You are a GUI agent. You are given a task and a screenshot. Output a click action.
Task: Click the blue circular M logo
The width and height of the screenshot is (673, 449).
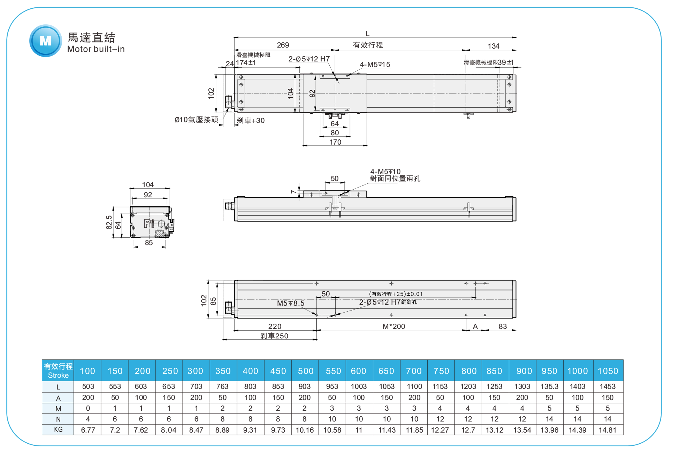point(45,41)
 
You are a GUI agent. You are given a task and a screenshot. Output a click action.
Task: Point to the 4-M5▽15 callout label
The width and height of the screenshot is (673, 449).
point(375,64)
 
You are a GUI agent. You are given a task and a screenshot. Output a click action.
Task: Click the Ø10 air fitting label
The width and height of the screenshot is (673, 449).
point(196,120)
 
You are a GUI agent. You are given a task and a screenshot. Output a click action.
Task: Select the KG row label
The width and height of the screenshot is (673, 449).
point(58,430)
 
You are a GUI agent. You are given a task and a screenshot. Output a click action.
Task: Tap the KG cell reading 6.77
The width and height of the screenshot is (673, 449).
point(88,430)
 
